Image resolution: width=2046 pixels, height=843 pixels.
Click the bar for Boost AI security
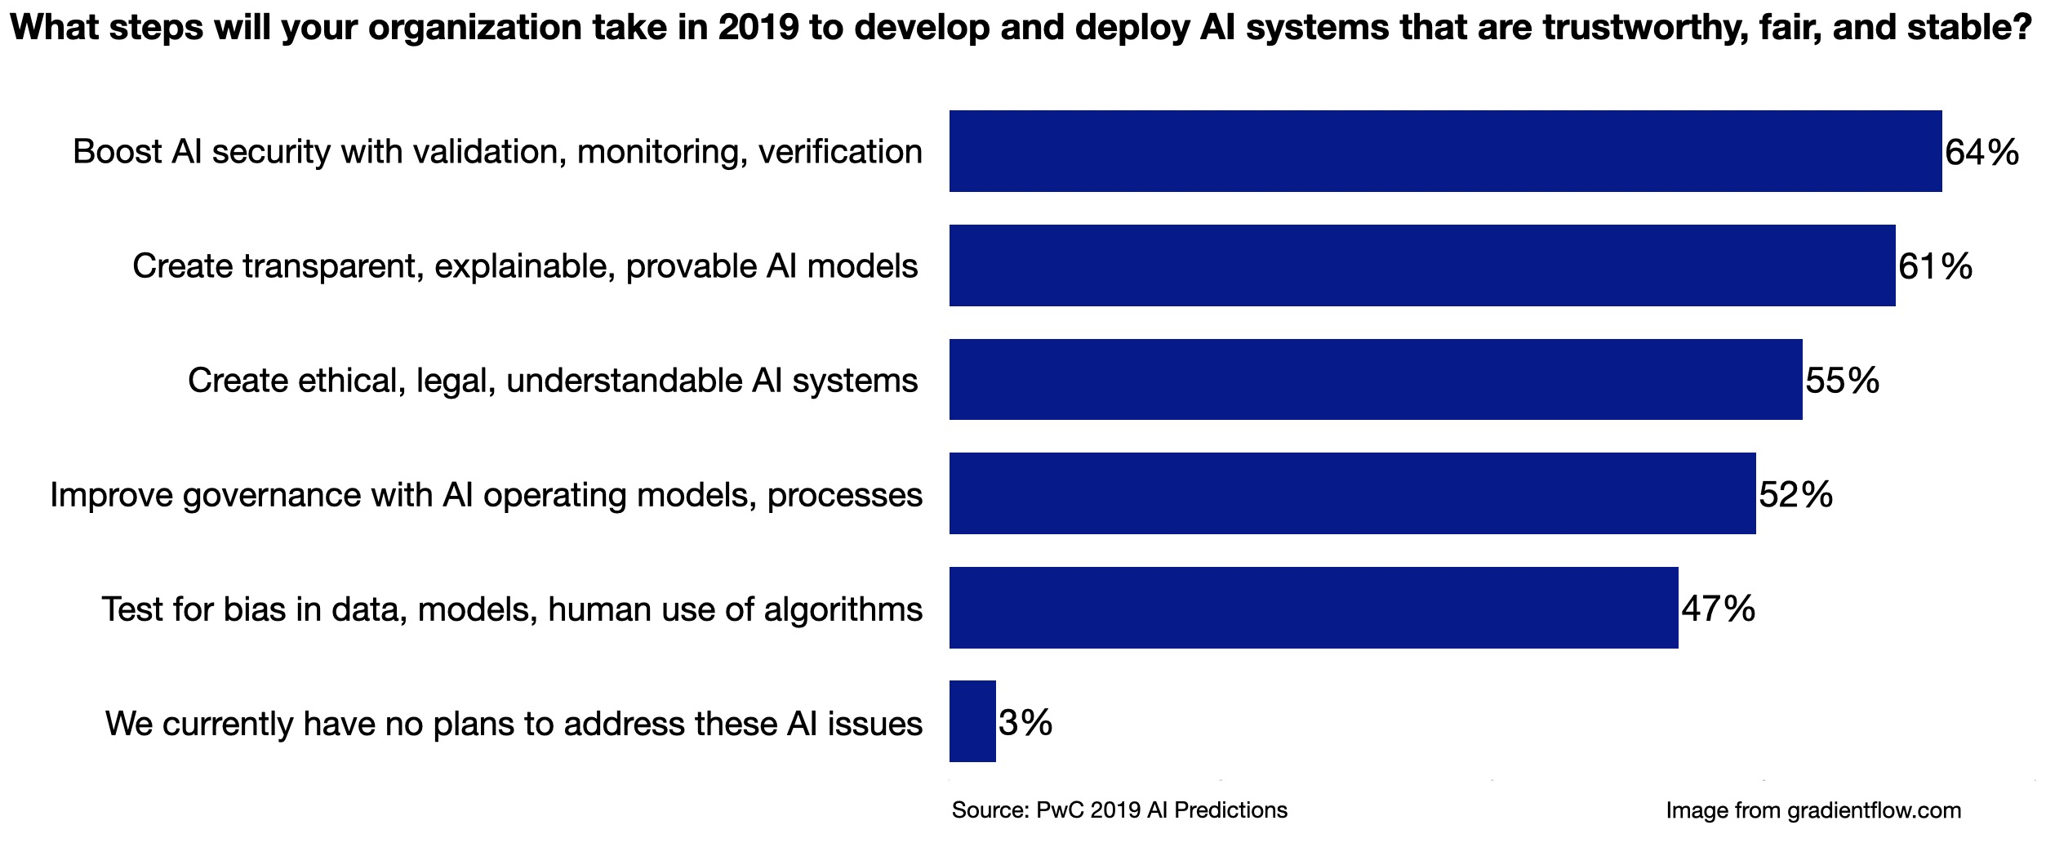click(x=1445, y=151)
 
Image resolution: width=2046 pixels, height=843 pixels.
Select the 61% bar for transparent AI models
click(x=1421, y=265)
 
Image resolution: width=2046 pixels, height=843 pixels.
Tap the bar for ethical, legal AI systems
click(x=1375, y=380)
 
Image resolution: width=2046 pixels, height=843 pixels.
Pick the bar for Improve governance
click(x=1352, y=493)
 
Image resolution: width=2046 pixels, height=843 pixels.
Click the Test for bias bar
click(x=1313, y=608)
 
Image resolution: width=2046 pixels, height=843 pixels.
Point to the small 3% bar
click(x=972, y=721)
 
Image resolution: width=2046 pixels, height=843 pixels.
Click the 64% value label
click(x=1982, y=153)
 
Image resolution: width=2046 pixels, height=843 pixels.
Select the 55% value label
click(x=1842, y=381)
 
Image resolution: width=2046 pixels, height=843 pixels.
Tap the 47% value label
click(x=1718, y=609)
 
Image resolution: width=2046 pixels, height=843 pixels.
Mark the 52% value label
click(x=1795, y=495)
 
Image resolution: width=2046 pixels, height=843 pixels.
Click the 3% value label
click(x=1025, y=723)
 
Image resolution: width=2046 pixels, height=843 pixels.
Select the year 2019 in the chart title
click(x=758, y=28)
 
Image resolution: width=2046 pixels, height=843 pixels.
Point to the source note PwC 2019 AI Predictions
click(x=1119, y=810)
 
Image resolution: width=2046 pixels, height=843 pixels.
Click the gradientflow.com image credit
click(x=1813, y=810)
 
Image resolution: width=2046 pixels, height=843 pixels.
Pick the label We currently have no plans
click(x=514, y=724)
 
